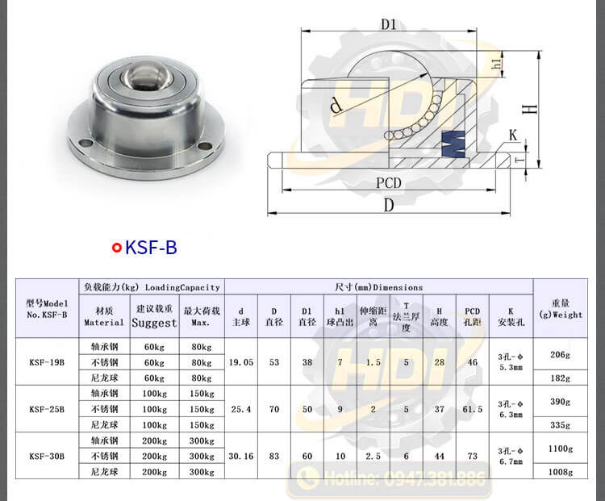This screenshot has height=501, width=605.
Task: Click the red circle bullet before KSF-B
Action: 117,248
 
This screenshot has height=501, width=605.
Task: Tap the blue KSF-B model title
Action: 151,248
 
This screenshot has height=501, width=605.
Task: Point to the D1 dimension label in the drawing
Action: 389,24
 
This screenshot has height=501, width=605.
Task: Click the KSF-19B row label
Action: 47,362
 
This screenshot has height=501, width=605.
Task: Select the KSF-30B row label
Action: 47,455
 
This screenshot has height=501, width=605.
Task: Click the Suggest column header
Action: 155,322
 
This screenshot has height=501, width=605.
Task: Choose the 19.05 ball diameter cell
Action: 241,362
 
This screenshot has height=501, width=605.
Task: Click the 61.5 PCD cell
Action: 473,409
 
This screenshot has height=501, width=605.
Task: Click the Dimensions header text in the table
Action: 378,287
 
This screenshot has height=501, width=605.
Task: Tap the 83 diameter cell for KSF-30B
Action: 274,456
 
